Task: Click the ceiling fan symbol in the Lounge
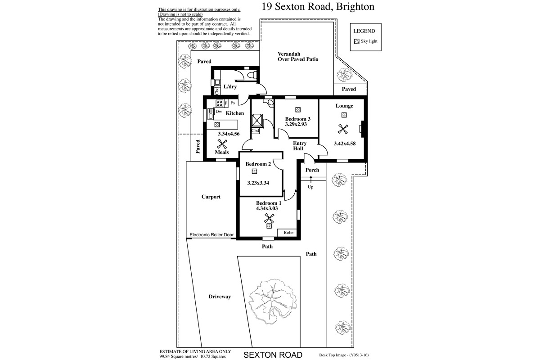coord(343,129)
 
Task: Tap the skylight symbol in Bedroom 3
coord(298,110)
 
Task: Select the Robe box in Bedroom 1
coord(287,233)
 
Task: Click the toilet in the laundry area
coord(252,75)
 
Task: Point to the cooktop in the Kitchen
coord(220,103)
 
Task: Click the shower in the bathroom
coord(257,120)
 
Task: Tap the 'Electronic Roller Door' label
coord(211,234)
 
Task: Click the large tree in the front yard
coord(273,301)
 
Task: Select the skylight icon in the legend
coord(356,41)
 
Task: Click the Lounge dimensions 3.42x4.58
coord(345,144)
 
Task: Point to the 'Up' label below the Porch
coord(310,187)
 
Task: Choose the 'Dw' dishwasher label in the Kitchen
coord(219,112)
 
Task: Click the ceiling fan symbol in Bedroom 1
coord(269,218)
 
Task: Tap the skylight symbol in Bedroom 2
coord(254,171)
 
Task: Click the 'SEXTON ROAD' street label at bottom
coord(273,355)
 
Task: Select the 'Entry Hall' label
coord(299,146)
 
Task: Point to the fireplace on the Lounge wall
coord(362,129)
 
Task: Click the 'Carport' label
coord(211,197)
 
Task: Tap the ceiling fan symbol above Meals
coord(222,144)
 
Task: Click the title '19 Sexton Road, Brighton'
coord(318,7)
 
